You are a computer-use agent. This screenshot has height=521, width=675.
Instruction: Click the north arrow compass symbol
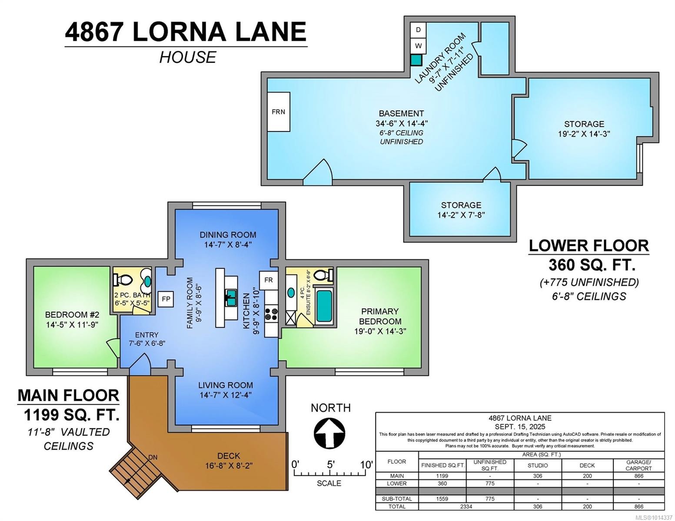click(x=329, y=433)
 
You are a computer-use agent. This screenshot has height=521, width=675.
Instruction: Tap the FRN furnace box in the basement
click(x=278, y=112)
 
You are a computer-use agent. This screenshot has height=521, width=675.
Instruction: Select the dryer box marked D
click(x=418, y=30)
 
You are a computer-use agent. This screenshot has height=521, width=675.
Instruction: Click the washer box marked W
click(x=418, y=46)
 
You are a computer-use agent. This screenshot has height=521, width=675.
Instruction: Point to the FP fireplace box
click(x=166, y=299)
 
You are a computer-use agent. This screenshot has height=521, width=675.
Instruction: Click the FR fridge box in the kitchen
click(x=269, y=280)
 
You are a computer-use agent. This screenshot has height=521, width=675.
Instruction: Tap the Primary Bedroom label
click(x=379, y=317)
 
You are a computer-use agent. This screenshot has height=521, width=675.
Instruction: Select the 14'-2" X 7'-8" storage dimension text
click(x=461, y=215)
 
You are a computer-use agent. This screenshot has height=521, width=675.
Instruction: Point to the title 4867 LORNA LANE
click(x=186, y=32)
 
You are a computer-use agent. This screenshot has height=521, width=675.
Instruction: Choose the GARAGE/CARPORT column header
click(x=638, y=465)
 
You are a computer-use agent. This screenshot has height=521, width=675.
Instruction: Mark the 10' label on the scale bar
click(x=366, y=465)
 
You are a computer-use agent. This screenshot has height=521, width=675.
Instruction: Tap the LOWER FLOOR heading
click(x=589, y=246)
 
